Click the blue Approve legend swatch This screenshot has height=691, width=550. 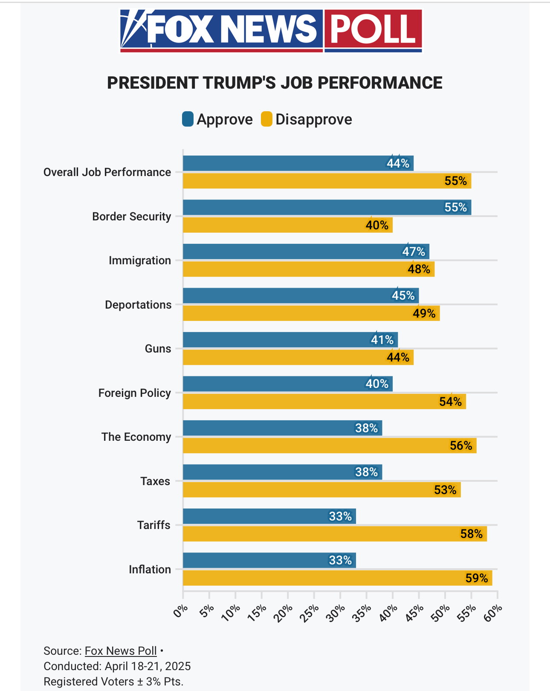pos(188,119)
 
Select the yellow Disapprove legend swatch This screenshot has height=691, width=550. pos(266,119)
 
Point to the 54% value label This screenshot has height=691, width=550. pos(450,402)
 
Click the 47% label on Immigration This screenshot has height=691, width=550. pos(414,252)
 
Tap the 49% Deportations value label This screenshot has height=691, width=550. pos(424,314)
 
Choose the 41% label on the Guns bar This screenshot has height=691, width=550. pos(382,340)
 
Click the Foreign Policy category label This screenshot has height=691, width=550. pos(134,393)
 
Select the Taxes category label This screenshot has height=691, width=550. pos(155,481)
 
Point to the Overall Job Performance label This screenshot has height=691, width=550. pos(107,172)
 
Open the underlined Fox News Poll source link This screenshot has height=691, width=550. pos(121,651)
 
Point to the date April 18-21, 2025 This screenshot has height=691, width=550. pos(148,666)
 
